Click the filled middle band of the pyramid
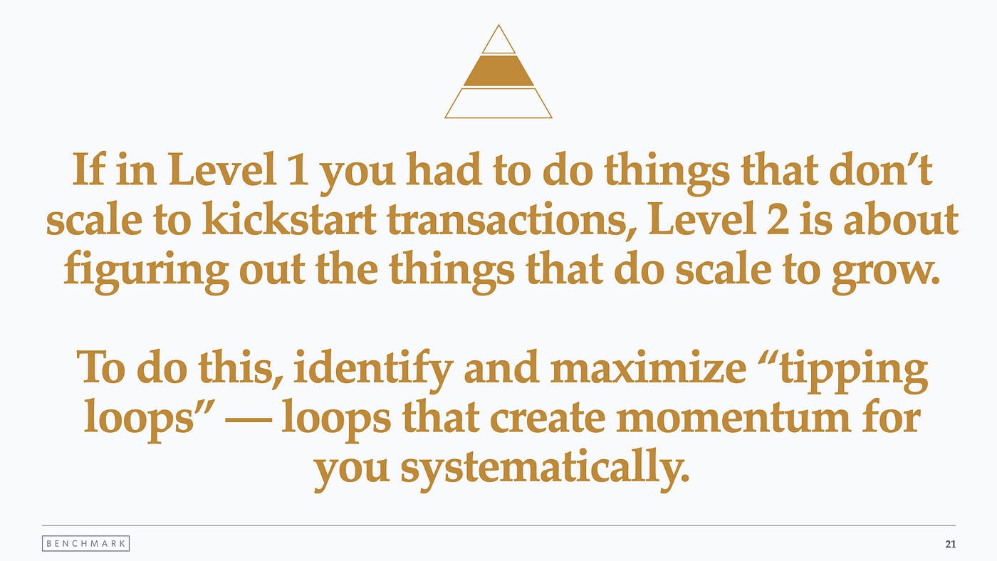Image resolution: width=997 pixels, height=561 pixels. [x=499, y=70]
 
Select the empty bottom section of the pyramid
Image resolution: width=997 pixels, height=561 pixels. [x=499, y=103]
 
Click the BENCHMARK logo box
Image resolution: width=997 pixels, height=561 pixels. [x=86, y=543]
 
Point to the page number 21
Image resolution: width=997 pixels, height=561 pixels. [x=950, y=544]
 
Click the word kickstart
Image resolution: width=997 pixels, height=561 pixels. [x=289, y=219]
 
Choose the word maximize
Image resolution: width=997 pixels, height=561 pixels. [x=648, y=368]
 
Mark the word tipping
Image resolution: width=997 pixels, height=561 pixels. [x=854, y=372]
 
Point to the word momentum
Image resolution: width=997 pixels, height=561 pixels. [x=734, y=419]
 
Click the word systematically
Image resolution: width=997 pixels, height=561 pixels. [x=545, y=468]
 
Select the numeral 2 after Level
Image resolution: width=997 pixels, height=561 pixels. [x=778, y=219]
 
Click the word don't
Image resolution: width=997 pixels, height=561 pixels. [x=880, y=169]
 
